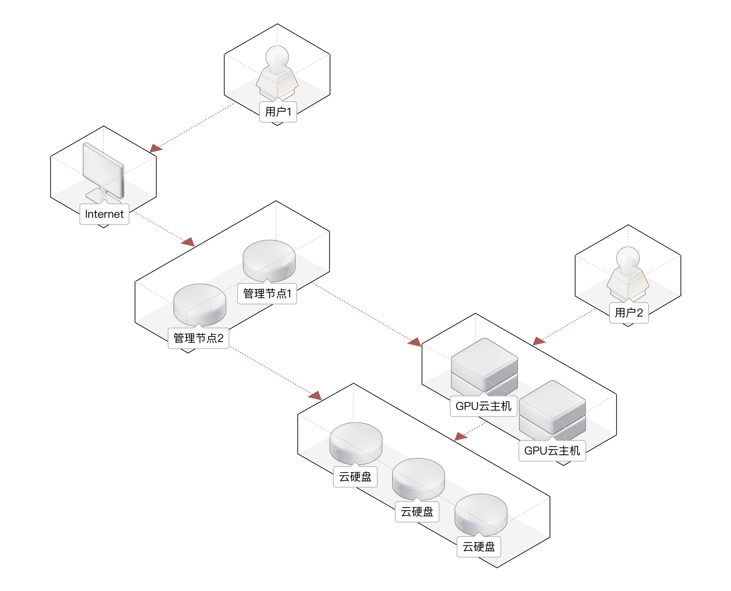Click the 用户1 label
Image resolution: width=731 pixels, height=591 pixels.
278,112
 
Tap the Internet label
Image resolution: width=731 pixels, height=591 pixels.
104,214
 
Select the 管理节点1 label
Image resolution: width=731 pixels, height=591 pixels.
267,293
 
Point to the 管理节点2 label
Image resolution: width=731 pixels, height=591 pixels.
198,338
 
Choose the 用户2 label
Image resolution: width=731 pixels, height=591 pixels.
628,313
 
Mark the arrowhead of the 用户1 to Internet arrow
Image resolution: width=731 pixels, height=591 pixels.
155,149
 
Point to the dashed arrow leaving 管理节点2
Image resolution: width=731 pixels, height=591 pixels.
273,371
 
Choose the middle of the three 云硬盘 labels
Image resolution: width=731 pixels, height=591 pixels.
417,512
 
